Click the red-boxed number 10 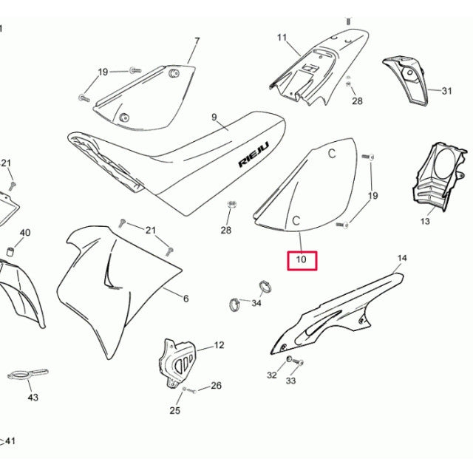click(302, 260)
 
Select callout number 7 click(197, 41)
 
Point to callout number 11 click(282, 37)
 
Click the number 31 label click(446, 92)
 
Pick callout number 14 click(402, 259)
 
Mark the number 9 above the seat click(214, 117)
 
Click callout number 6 click(186, 299)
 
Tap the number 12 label click(219, 345)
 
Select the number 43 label click(33, 398)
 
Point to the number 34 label click(256, 303)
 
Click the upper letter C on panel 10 click(332, 154)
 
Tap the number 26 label click(216, 385)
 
